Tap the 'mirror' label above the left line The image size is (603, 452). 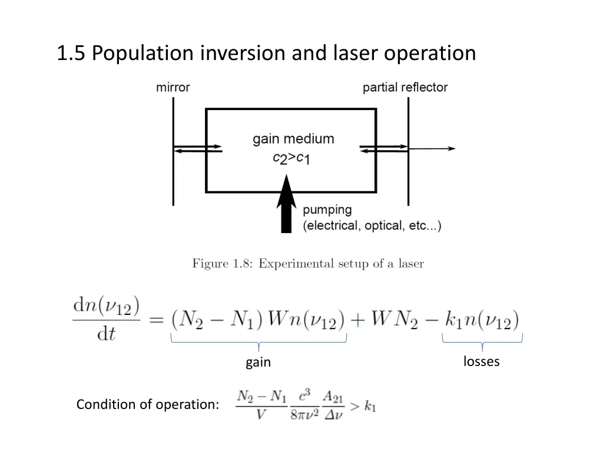pyautogui.click(x=173, y=88)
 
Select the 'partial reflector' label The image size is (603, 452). pyautogui.click(x=405, y=88)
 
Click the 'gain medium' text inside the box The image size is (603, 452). pyautogui.click(x=293, y=139)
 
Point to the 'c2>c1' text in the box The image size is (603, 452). pyautogui.click(x=291, y=158)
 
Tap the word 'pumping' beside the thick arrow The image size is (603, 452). pyautogui.click(x=327, y=210)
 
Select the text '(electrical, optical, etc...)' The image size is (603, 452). pyautogui.click(x=372, y=226)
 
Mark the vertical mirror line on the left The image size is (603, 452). pyautogui.click(x=173, y=177)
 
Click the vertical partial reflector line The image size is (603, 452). pyautogui.click(x=408, y=177)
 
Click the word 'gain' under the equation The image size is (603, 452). pyautogui.click(x=258, y=363)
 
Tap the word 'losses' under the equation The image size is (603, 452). pyautogui.click(x=481, y=361)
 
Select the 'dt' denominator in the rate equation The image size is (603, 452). pyautogui.click(x=106, y=334)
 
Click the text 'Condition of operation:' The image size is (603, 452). pyautogui.click(x=148, y=405)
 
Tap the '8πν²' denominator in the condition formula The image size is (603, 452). pyautogui.click(x=304, y=414)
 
